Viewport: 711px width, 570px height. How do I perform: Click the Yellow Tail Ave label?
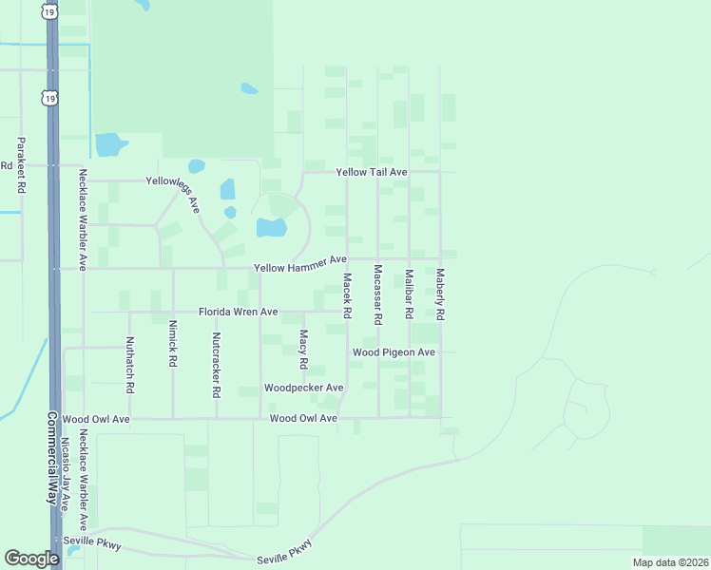click(x=372, y=172)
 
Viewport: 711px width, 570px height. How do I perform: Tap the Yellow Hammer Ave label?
click(x=299, y=264)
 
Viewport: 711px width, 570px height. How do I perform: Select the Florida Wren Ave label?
click(x=238, y=312)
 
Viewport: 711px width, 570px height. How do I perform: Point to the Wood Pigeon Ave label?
click(x=394, y=352)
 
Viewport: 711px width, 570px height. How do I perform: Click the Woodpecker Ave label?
click(x=303, y=388)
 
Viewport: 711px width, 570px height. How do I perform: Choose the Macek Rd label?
click(x=347, y=295)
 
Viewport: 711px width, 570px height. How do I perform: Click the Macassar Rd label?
click(x=377, y=294)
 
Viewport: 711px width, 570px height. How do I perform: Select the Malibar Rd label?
click(x=409, y=294)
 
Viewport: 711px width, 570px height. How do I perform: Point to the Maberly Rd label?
click(x=440, y=293)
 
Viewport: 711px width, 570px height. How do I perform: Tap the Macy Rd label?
click(x=303, y=349)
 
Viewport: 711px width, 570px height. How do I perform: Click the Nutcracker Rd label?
click(x=217, y=365)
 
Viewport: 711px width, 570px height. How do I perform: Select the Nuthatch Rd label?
click(x=129, y=365)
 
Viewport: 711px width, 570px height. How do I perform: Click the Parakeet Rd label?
click(x=20, y=166)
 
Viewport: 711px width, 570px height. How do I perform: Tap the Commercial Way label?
click(x=53, y=456)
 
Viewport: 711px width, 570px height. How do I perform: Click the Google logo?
click(x=31, y=559)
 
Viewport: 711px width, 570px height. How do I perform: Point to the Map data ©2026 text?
click(x=669, y=562)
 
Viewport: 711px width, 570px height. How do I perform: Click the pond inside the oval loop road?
click(x=272, y=227)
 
